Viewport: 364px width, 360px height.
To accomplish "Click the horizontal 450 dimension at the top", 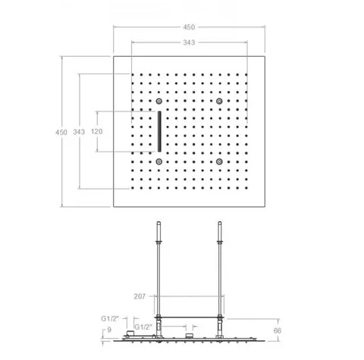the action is (189, 27).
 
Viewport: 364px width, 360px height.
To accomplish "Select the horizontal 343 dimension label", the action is (189, 42).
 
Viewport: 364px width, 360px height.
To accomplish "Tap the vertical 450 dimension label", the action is (61, 132).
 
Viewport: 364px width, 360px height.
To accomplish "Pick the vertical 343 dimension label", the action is (79, 132).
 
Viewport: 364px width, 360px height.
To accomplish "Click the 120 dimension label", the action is (97, 131).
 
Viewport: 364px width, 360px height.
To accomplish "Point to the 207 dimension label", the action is (140, 296).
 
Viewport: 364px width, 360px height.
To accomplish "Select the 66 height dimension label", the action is (278, 330).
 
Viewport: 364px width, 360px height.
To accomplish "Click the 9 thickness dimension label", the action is (109, 330).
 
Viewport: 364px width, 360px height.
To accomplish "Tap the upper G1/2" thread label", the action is (110, 318).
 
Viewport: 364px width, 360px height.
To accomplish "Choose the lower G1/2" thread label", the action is (143, 327).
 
